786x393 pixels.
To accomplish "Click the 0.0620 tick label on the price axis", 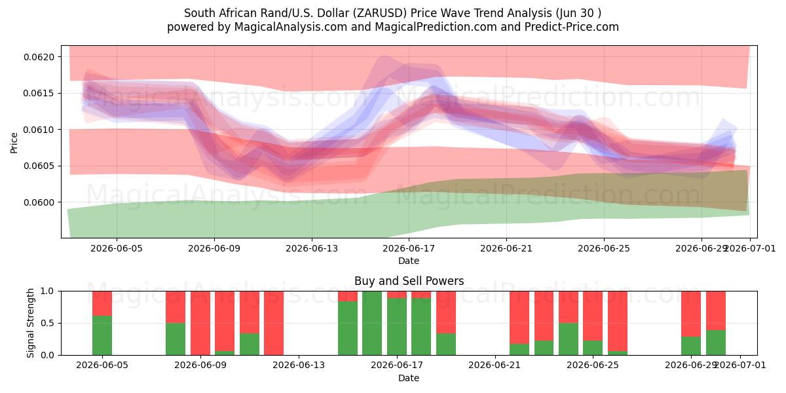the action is tap(39, 57).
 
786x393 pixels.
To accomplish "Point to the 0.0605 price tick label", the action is tap(39, 166).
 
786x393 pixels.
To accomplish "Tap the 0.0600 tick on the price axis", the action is tap(39, 202).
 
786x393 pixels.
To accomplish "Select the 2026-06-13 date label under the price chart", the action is tap(312, 249).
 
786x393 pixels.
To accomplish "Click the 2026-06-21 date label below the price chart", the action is tap(506, 249).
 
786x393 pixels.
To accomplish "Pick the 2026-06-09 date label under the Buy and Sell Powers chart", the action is tap(200, 365).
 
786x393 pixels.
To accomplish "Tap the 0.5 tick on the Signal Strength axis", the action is tap(47, 323).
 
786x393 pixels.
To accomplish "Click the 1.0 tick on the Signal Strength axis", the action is tap(47, 291).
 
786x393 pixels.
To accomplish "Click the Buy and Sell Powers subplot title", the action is tap(409, 281).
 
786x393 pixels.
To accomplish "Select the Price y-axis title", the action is tap(14, 143).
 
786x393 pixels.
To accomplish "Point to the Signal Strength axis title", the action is tap(31, 323).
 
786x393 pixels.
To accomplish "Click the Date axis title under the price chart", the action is tap(409, 261).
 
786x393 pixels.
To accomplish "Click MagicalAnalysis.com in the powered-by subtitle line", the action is tap(291, 27).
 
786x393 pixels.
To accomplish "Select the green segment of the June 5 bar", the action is tap(102, 335).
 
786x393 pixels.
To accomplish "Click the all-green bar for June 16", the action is tap(372, 323).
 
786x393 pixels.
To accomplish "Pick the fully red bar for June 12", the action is tap(274, 323).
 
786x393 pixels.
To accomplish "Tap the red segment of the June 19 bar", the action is tap(446, 312).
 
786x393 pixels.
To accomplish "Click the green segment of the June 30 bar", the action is tap(716, 343).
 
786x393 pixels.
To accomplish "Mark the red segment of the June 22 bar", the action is tap(519, 318).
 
